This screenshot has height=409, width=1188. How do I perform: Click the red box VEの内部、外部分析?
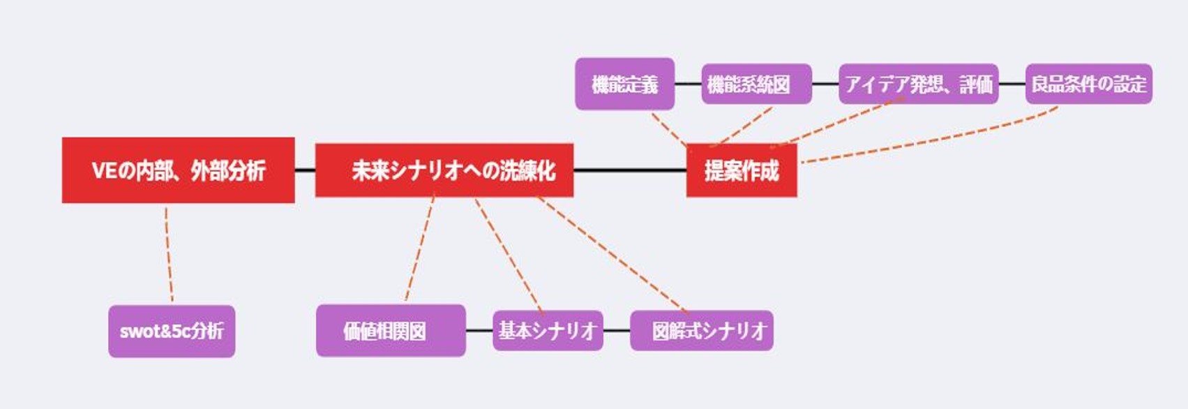[178, 170]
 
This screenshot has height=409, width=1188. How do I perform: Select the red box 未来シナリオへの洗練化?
[444, 170]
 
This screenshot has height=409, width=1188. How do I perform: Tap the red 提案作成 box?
[742, 170]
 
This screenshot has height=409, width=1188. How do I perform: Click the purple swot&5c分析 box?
[172, 331]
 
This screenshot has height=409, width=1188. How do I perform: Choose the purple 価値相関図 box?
[391, 331]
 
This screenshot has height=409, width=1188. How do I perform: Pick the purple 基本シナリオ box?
[548, 331]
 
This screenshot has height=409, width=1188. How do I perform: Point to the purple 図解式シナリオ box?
[702, 331]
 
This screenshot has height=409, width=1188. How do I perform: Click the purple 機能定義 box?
[625, 84]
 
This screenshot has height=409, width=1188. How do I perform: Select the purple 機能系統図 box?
[757, 84]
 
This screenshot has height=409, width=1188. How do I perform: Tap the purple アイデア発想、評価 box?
[919, 84]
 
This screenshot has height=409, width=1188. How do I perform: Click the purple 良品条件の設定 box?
[1089, 84]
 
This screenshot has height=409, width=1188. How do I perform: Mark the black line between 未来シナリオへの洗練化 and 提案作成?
[630, 170]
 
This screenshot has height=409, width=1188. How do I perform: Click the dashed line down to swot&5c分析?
[170, 255]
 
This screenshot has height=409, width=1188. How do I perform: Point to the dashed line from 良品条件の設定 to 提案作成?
[930, 135]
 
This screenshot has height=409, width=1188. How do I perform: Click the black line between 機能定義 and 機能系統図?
[688, 84]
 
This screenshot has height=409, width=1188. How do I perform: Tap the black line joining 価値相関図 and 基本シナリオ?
[479, 331]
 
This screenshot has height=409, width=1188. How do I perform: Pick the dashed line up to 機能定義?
[670, 129]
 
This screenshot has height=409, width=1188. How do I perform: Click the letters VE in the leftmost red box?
[103, 171]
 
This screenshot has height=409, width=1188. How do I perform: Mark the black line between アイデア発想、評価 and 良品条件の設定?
[1012, 84]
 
